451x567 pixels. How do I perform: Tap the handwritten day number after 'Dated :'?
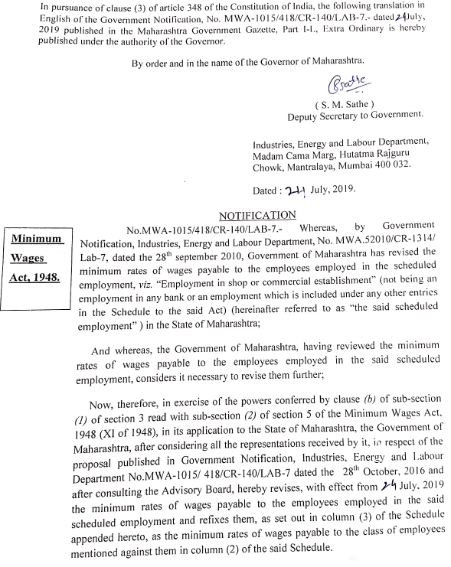295,190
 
